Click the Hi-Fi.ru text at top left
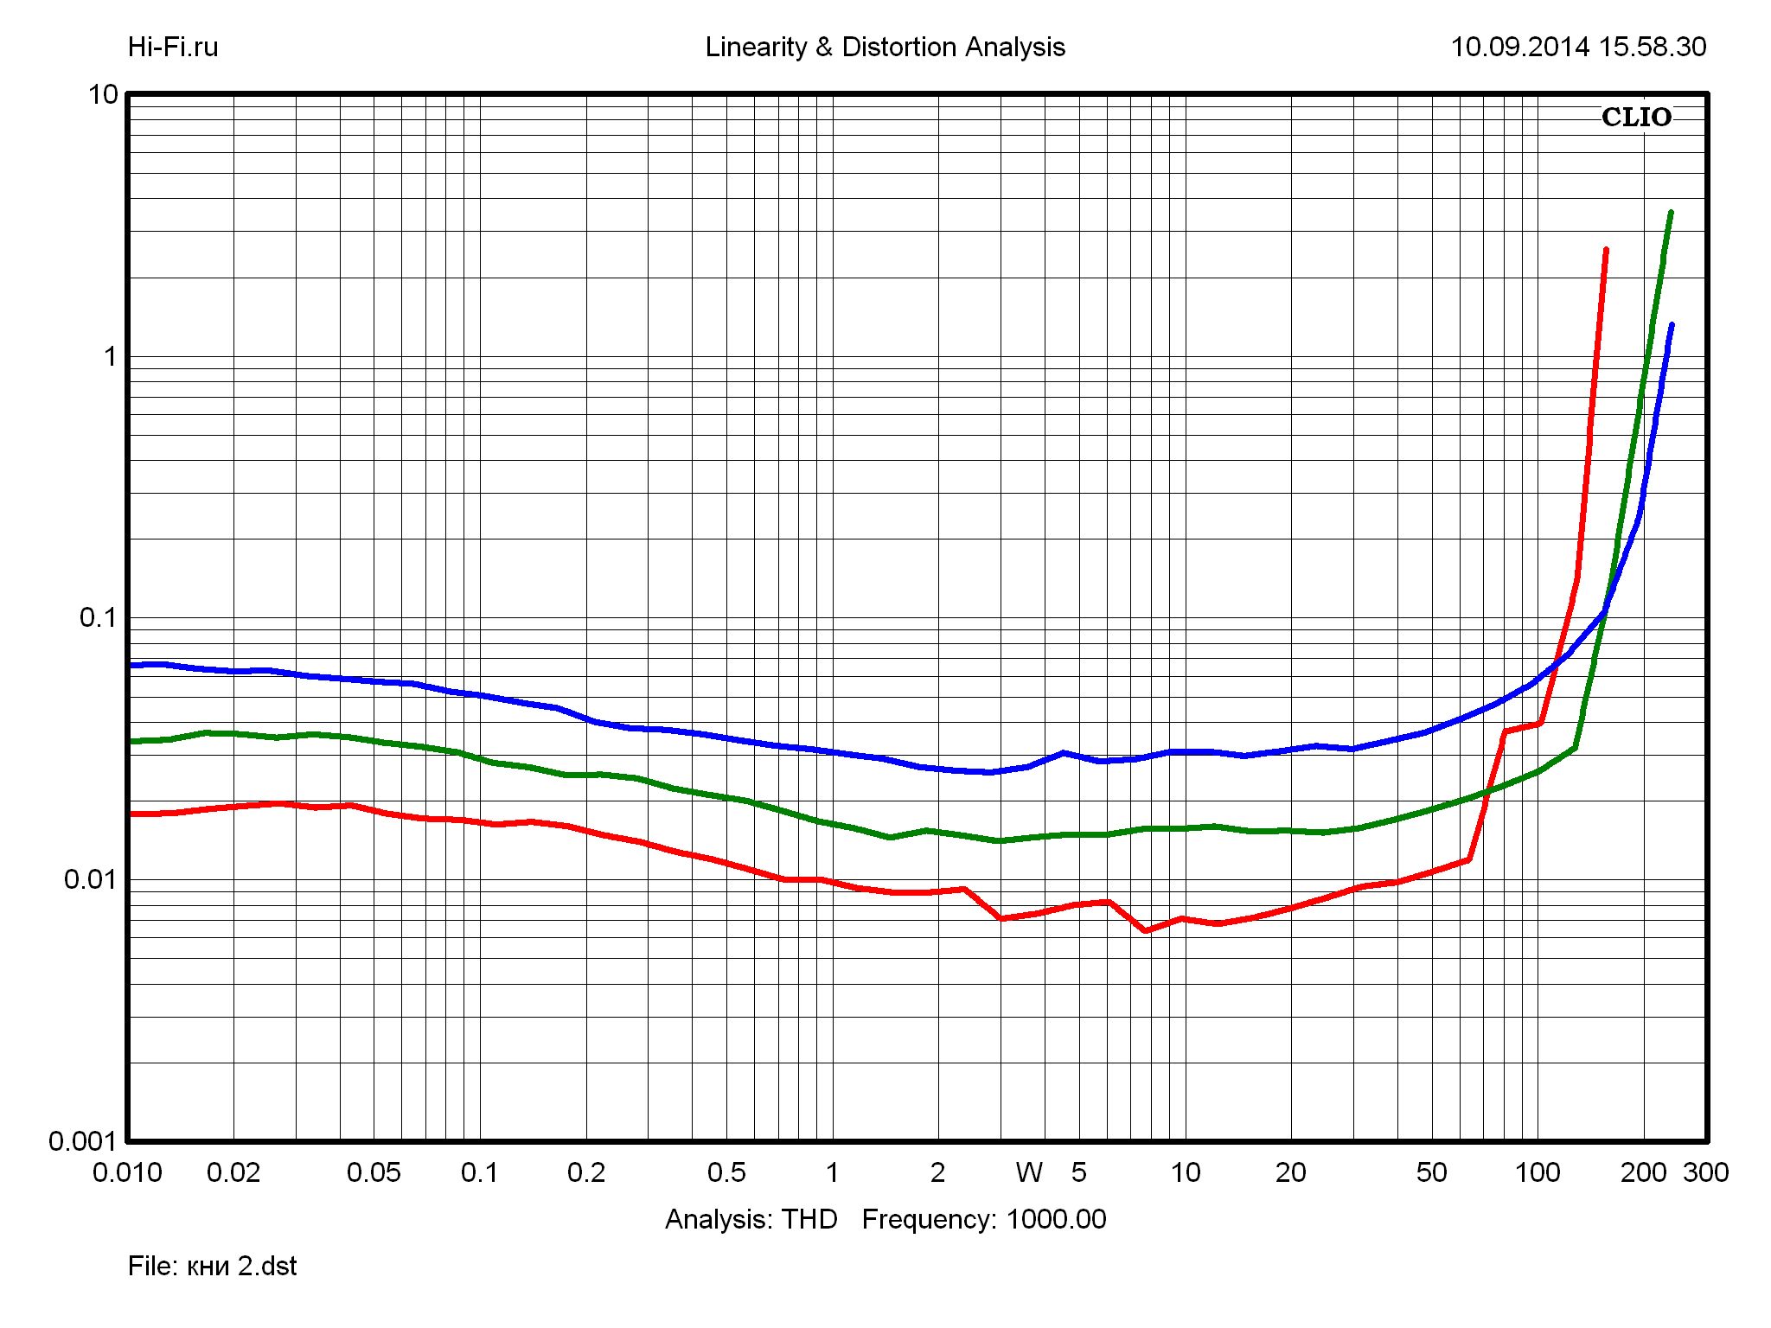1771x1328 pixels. tap(173, 47)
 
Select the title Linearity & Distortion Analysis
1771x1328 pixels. tap(885, 47)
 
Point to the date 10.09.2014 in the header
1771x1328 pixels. tap(1519, 47)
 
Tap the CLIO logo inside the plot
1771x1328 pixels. tap(1636, 118)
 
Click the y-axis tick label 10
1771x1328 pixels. tap(103, 94)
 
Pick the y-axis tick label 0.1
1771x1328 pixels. tap(98, 617)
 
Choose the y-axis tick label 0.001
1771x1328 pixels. tap(83, 1141)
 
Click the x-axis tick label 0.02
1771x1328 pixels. tap(233, 1173)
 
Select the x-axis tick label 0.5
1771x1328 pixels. tap(726, 1173)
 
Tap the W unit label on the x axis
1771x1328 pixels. tap(1029, 1173)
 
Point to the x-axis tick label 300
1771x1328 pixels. tap(1705, 1173)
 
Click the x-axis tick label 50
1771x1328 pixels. tap(1431, 1173)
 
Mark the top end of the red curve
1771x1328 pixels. tap(1606, 250)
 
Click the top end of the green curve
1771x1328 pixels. tap(1671, 213)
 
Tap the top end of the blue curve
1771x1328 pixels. tap(1672, 325)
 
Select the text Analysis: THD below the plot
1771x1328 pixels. tap(751, 1219)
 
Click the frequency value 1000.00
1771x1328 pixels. tap(1056, 1219)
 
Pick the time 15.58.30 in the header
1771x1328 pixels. tap(1653, 47)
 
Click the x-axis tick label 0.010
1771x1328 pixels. tap(127, 1173)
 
